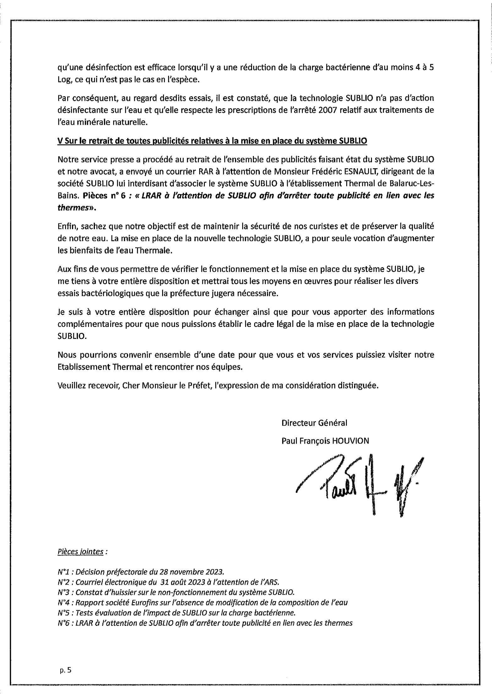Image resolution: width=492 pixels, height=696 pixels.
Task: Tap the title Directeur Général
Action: click(x=314, y=423)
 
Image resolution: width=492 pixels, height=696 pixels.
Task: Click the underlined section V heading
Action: click(x=212, y=141)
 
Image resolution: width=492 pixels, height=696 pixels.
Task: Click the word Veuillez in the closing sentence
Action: click(x=71, y=385)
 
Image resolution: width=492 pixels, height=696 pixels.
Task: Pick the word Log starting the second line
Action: click(x=64, y=80)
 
